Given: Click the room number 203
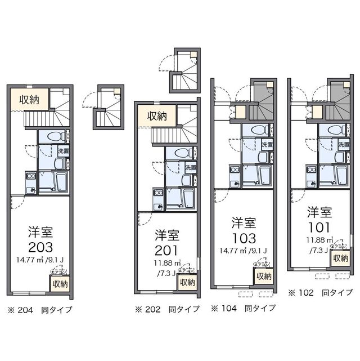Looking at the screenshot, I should (41, 247).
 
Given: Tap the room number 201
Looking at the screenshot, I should (167, 249).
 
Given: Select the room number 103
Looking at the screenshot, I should (244, 238).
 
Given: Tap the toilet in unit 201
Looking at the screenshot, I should (181, 153).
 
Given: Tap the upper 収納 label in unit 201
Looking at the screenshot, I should (157, 116).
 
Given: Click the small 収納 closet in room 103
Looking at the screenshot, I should (264, 277).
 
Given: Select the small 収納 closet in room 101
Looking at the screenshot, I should (340, 259).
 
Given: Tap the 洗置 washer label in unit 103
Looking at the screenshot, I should (267, 145).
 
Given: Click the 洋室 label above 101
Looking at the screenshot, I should (319, 212).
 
